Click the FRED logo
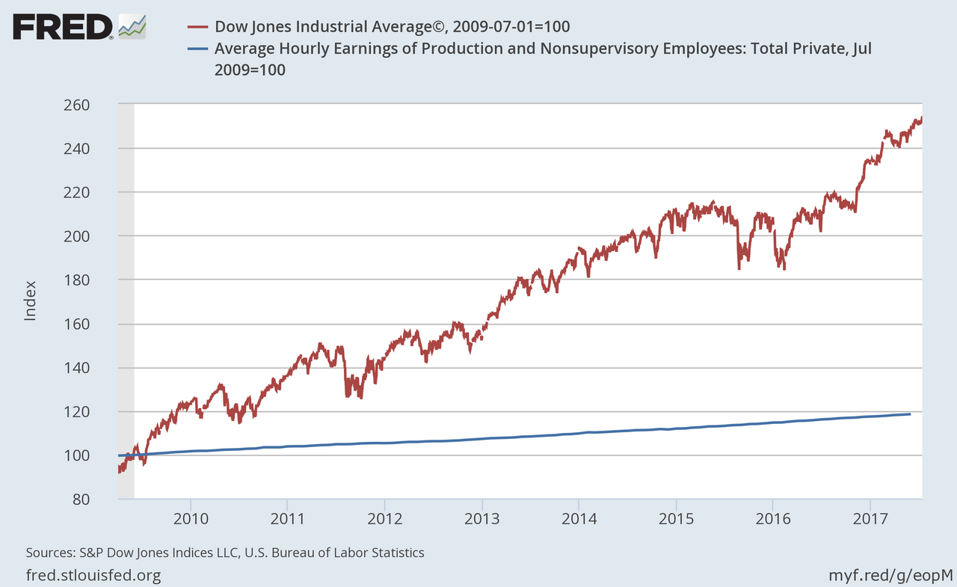tap(64, 27)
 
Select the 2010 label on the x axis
tap(191, 518)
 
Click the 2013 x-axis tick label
tap(482, 518)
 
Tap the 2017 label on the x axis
tap(870, 518)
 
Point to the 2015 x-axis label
tap(676, 518)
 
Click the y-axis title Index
tap(31, 301)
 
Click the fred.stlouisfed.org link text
tap(93, 575)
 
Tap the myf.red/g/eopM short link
tap(890, 575)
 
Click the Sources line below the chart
tap(225, 553)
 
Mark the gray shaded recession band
tap(126, 299)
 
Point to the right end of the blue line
tap(910, 414)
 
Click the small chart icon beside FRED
tap(132, 26)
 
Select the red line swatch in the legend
tap(197, 27)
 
